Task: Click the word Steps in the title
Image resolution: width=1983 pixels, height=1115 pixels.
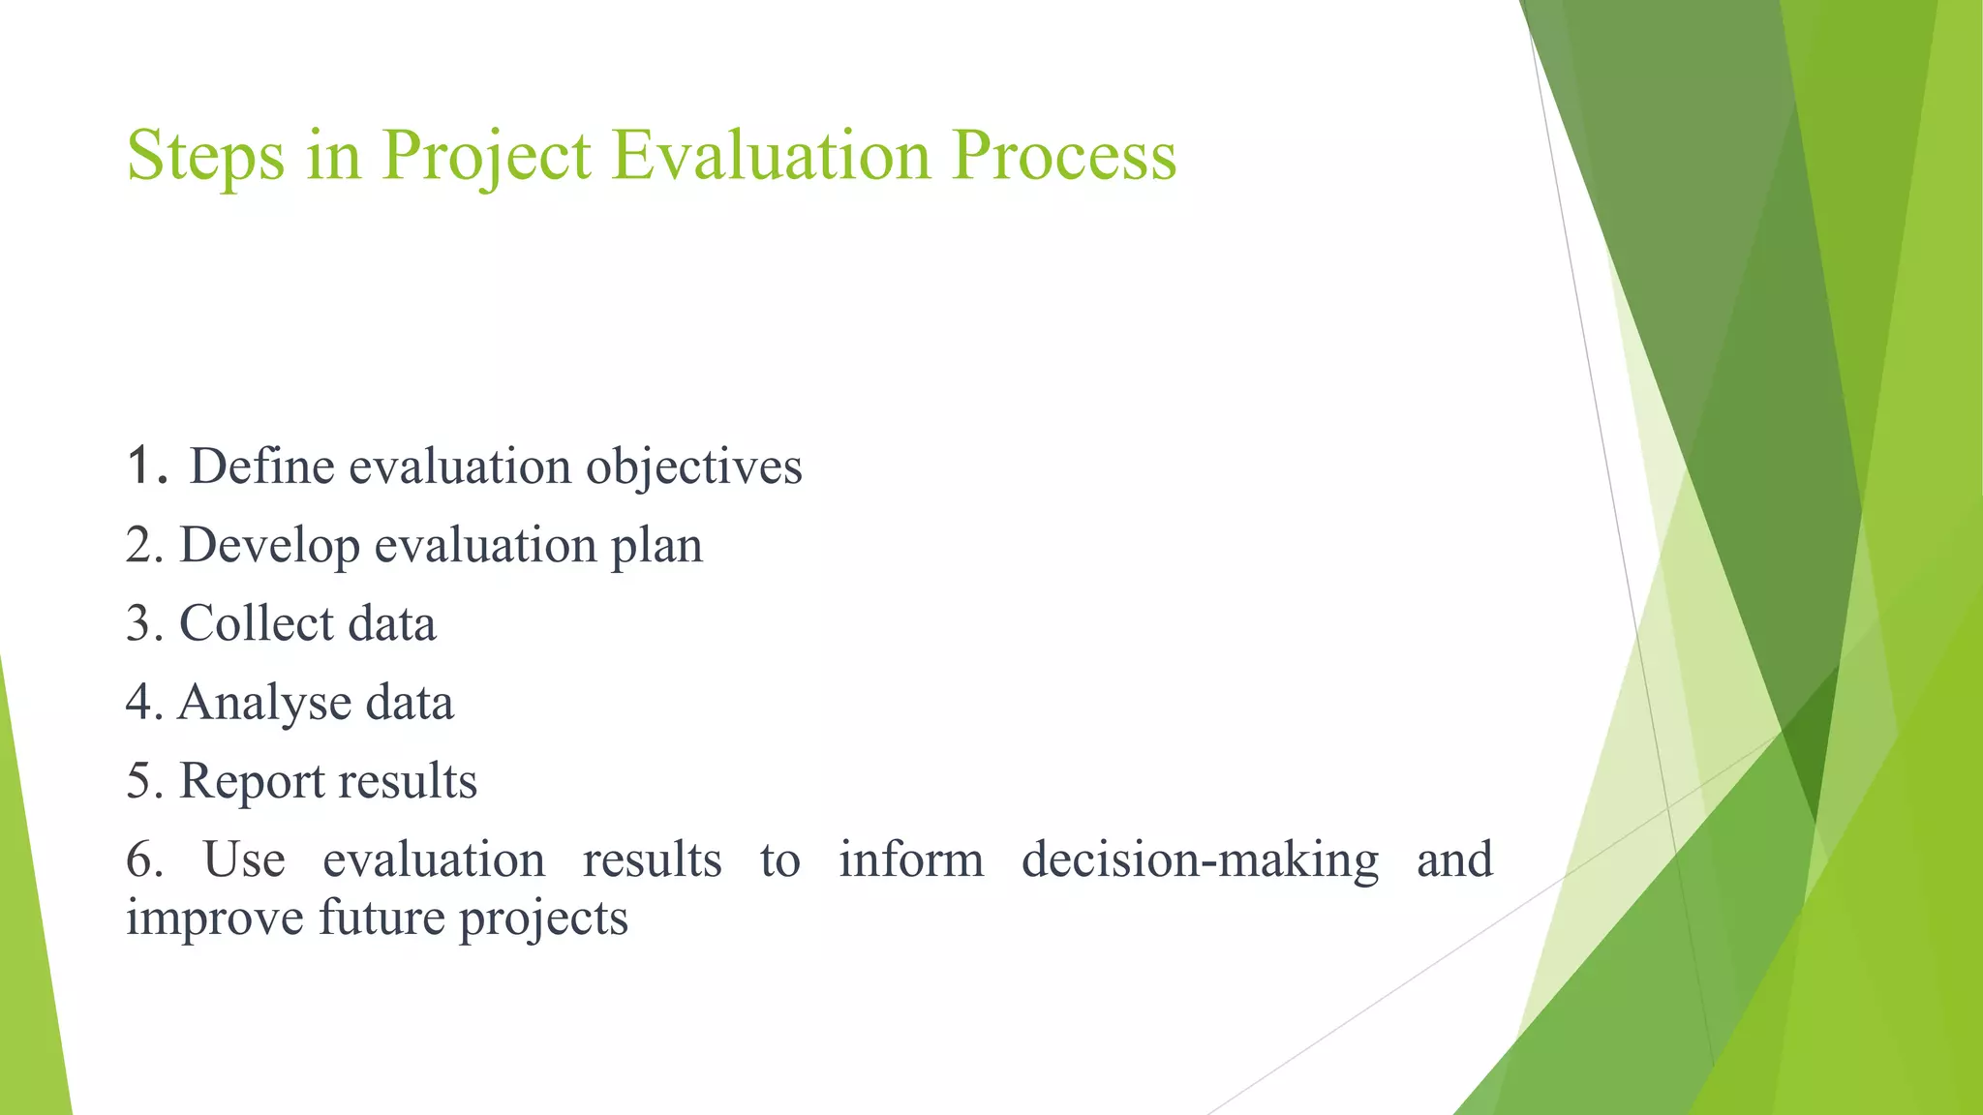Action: pos(206,155)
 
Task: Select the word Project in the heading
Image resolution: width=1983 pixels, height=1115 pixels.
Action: pos(486,155)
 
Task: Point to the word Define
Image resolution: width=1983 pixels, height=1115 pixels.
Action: pos(261,467)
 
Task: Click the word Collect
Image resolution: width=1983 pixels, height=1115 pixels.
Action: pos(256,623)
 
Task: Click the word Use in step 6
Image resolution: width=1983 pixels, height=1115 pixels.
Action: pos(244,859)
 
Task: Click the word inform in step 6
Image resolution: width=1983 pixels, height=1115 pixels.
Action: pos(910,859)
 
